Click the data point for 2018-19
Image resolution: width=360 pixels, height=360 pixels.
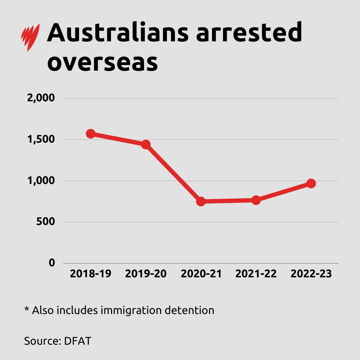click(x=90, y=134)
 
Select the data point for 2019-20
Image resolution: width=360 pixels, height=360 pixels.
click(x=146, y=144)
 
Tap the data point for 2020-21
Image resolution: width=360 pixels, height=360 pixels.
click(x=201, y=201)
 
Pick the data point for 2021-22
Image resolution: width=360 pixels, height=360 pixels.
click(x=256, y=200)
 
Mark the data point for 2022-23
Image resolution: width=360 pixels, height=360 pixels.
click(x=311, y=183)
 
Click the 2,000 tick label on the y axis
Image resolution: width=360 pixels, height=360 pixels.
click(x=40, y=98)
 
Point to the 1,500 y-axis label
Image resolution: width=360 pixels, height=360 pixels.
click(x=41, y=140)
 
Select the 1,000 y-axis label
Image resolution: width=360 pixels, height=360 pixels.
click(x=41, y=181)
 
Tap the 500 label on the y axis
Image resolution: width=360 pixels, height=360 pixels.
click(x=45, y=222)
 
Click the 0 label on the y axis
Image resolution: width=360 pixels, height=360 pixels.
click(x=52, y=263)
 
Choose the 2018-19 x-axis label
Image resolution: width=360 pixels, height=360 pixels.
click(x=90, y=274)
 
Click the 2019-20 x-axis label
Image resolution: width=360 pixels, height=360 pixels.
click(x=146, y=274)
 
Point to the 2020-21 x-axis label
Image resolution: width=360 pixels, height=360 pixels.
click(x=201, y=274)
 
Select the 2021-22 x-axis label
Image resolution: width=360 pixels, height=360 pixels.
click(x=256, y=274)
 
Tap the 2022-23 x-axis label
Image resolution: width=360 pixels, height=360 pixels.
click(x=311, y=274)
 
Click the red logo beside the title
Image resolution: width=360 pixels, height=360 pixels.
click(x=30, y=37)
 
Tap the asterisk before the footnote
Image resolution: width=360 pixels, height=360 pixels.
click(x=27, y=309)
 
